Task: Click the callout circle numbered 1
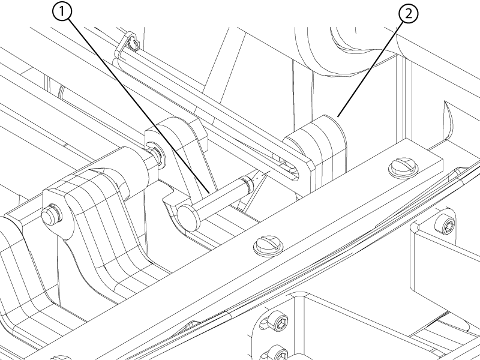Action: point(62,11)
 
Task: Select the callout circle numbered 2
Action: point(409,14)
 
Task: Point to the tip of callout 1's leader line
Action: point(209,193)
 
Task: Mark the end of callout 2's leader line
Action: point(338,117)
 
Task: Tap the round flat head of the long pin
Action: point(187,218)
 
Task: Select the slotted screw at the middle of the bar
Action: point(268,245)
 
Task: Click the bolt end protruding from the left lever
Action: point(50,215)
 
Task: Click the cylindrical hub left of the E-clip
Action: point(131,168)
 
